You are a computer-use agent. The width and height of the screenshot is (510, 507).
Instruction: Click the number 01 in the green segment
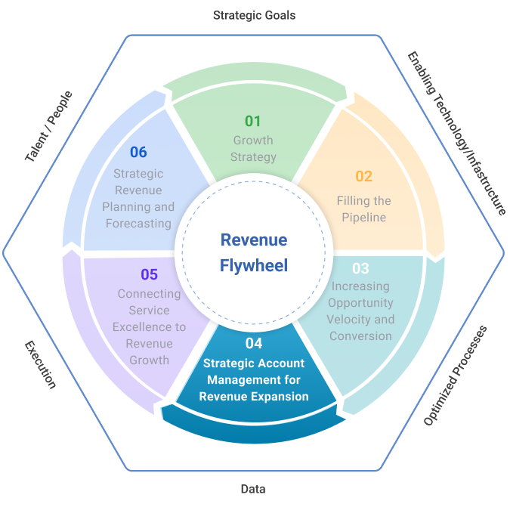click(x=252, y=121)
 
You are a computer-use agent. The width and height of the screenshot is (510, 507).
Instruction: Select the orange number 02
click(x=363, y=177)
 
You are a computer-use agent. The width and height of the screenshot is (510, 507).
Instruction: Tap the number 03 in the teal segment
click(x=360, y=268)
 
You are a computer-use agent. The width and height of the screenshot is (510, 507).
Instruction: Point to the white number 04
click(x=254, y=344)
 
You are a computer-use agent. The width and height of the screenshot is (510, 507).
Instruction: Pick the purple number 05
click(x=149, y=274)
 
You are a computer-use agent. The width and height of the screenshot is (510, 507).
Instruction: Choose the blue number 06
click(x=138, y=152)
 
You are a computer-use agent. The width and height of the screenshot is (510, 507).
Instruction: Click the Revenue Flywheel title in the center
click(x=254, y=252)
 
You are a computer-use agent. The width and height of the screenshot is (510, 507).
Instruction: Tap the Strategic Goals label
click(x=254, y=14)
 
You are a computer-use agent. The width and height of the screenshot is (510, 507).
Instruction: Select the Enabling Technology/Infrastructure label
click(x=456, y=133)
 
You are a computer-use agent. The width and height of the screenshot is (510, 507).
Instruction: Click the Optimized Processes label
click(x=454, y=375)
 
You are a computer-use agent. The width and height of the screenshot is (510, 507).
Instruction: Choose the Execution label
click(x=41, y=364)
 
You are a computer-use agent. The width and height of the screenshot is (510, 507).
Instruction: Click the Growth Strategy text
click(x=253, y=149)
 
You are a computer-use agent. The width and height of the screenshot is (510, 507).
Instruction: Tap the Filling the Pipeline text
click(x=363, y=209)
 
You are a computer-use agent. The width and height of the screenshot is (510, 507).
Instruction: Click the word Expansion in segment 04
click(x=282, y=397)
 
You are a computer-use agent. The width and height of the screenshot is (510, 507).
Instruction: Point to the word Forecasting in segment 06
click(x=138, y=224)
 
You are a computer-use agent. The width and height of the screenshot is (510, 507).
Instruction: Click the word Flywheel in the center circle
click(x=254, y=266)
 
